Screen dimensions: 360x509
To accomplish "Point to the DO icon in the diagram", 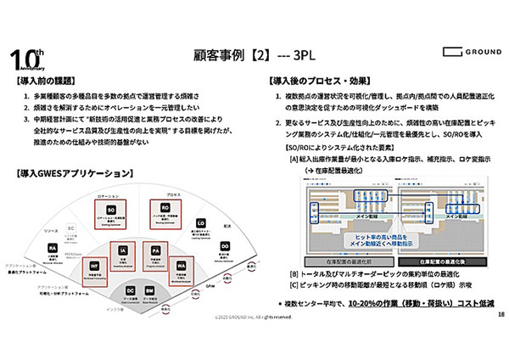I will (x=225, y=246).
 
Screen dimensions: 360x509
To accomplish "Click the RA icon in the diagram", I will (x=53, y=248).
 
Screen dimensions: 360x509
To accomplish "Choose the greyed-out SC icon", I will (x=71, y=228).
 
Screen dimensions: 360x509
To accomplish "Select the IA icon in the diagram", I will (x=123, y=252).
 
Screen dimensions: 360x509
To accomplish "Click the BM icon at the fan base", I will (x=148, y=290).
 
